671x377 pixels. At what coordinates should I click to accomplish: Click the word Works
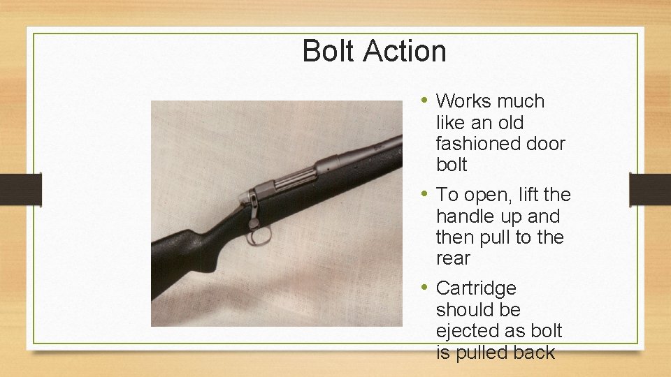[x=464, y=102]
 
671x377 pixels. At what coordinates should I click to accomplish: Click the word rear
[x=453, y=259]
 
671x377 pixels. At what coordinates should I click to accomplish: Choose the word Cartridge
[x=476, y=288]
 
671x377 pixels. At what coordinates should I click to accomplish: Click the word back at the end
[x=533, y=353]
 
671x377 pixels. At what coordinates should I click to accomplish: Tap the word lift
[x=526, y=195]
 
